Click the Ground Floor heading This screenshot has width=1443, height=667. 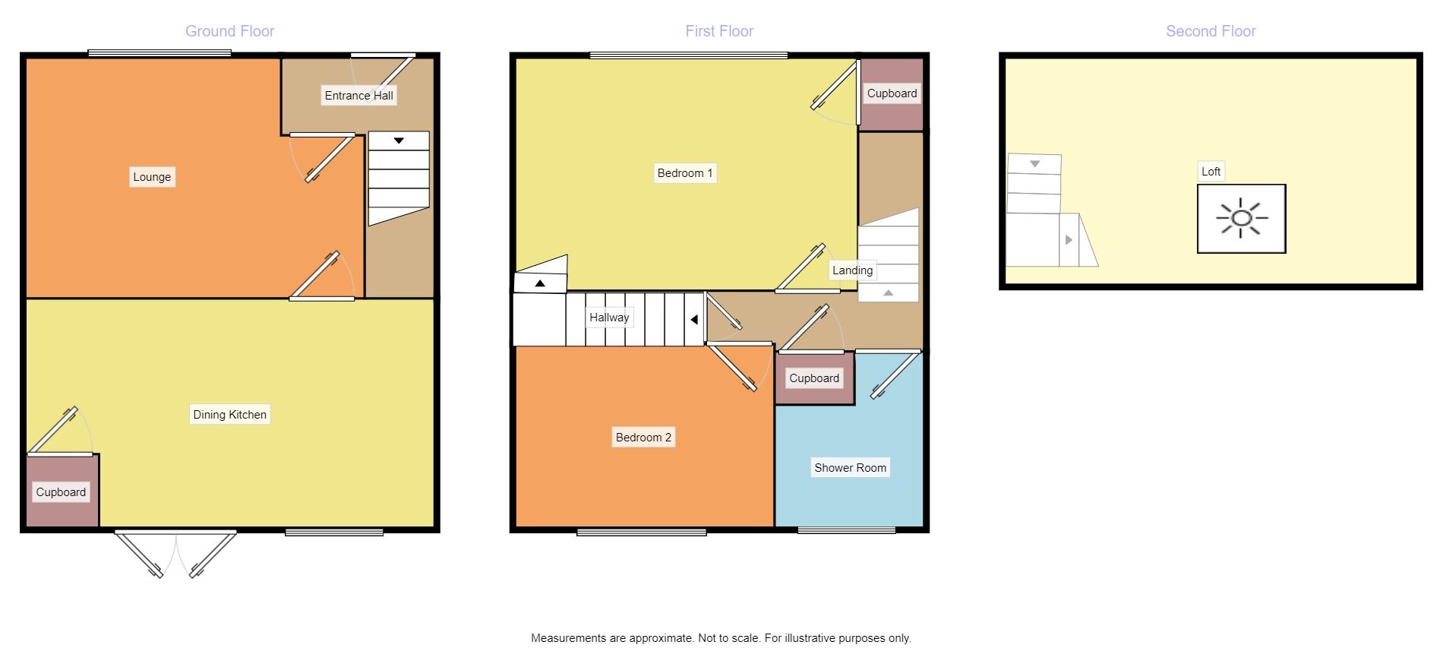(229, 31)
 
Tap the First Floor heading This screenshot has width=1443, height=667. (719, 31)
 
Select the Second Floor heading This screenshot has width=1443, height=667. (1211, 31)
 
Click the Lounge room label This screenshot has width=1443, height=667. (152, 177)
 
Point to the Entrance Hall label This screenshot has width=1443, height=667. (358, 96)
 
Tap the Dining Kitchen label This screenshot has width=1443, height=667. (229, 415)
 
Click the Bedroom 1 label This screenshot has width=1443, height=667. (685, 173)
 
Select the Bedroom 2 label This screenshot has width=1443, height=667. (643, 438)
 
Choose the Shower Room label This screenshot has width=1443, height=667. (850, 468)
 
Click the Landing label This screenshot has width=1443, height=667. (852, 270)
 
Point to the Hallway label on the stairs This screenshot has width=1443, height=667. (609, 318)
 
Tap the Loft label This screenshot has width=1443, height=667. (1211, 172)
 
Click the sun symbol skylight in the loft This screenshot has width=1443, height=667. (1241, 219)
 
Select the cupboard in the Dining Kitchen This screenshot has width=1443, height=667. (61, 492)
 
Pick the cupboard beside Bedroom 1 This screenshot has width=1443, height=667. (892, 93)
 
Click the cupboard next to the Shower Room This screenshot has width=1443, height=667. (814, 378)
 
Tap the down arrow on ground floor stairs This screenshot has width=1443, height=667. (399, 141)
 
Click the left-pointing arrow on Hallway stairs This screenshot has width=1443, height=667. (694, 320)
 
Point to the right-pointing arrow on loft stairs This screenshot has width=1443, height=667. (1069, 240)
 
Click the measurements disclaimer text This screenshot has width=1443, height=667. (721, 638)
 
